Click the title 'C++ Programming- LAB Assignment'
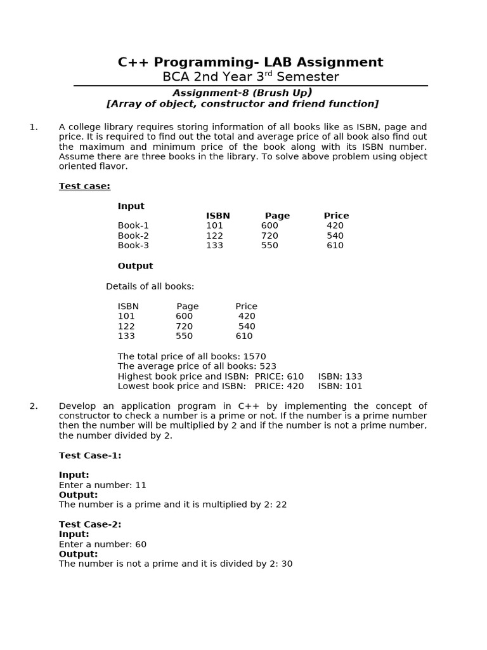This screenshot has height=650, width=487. [x=250, y=62]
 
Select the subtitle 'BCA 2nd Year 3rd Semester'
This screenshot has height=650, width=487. [x=250, y=77]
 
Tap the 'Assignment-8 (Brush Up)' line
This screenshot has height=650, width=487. [x=242, y=93]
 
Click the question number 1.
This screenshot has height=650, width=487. [x=34, y=127]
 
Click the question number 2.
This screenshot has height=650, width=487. [x=34, y=406]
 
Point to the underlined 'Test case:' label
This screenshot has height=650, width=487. [x=84, y=186]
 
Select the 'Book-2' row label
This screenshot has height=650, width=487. [x=133, y=235]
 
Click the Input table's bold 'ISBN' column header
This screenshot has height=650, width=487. [x=218, y=216]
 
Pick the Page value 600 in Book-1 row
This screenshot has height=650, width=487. [x=269, y=225]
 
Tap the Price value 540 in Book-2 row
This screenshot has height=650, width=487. [x=335, y=235]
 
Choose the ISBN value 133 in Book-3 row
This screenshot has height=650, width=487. [x=214, y=246]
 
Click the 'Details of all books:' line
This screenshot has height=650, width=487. [x=150, y=286]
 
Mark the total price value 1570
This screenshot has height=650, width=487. [x=254, y=357]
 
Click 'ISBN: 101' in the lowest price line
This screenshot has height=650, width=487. [x=340, y=386]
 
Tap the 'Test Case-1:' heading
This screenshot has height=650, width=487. [x=90, y=455]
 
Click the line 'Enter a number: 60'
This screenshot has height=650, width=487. [x=103, y=544]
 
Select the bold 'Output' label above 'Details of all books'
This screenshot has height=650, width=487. [x=135, y=266]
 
